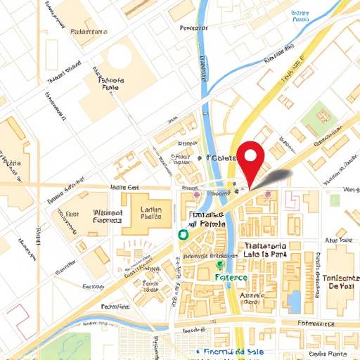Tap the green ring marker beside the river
tap(183, 234)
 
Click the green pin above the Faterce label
tap(219, 265)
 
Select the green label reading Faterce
tap(231, 277)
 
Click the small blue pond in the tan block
tap(294, 301)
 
